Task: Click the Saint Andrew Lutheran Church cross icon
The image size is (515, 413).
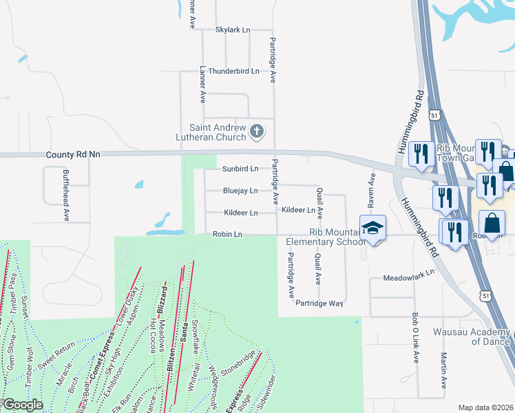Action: point(257,131)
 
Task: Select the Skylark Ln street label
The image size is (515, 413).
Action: point(233,30)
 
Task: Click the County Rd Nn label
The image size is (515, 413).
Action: point(72,155)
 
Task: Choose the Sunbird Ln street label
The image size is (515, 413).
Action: point(240,169)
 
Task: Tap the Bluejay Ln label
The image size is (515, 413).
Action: point(240,191)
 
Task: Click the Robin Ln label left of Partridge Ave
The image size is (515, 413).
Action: point(227,235)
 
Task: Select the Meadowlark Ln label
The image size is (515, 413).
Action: point(411,273)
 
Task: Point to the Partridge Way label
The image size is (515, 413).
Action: point(319,303)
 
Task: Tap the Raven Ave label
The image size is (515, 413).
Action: point(372,189)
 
